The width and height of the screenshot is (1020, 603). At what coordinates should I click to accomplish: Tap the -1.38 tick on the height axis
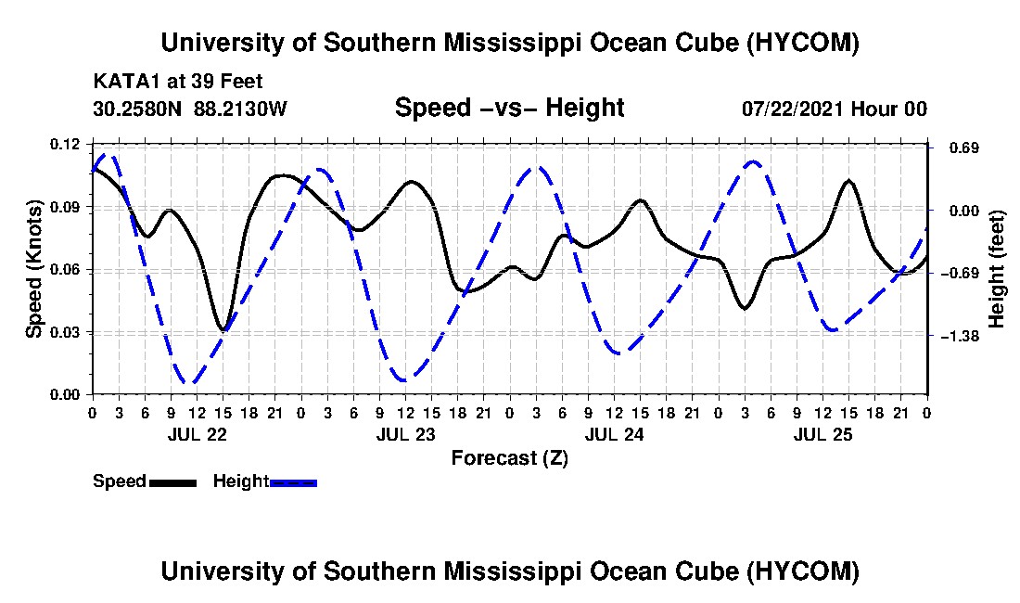tap(959, 336)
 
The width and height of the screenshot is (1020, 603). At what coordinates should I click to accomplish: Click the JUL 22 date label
tap(198, 434)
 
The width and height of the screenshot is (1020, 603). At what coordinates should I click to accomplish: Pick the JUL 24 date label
tap(614, 434)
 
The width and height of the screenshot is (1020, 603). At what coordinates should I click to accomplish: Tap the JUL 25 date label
tap(822, 434)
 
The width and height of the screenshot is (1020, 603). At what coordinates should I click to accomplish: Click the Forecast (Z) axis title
tap(509, 458)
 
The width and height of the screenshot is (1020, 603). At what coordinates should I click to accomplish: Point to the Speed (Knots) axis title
tap(33, 269)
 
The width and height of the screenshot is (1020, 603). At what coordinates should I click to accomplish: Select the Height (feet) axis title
tap(996, 269)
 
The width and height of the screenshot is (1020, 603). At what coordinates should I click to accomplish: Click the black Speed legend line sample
tap(172, 482)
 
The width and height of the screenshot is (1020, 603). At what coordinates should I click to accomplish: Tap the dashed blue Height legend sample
tap(293, 482)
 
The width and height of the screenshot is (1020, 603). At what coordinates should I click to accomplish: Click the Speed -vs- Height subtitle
tap(509, 108)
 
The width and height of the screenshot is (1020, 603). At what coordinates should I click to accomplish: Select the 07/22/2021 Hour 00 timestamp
tap(834, 109)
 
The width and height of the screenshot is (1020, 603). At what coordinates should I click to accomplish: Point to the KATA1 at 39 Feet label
tap(178, 82)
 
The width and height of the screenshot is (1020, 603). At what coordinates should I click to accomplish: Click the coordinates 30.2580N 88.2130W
tap(189, 109)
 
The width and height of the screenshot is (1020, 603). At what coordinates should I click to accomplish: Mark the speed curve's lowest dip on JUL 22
tap(223, 330)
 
